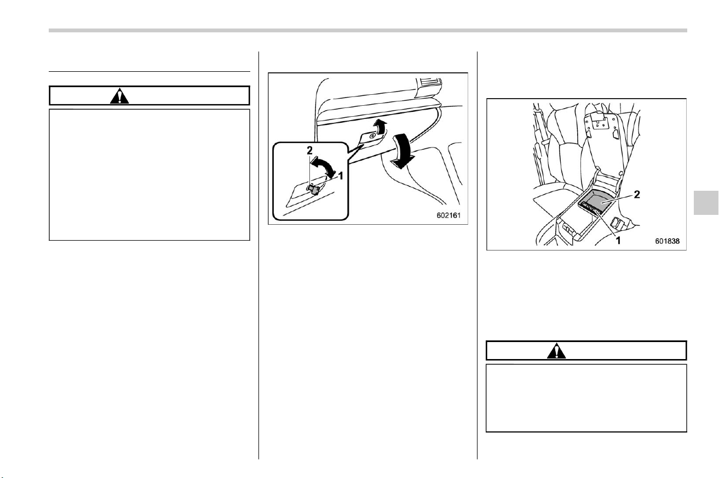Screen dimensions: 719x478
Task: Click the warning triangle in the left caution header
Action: pyautogui.click(x=119, y=96)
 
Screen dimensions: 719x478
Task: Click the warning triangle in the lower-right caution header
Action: pyautogui.click(x=556, y=351)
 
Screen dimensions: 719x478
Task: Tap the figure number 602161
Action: pyautogui.click(x=448, y=215)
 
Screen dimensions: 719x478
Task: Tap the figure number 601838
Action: pyautogui.click(x=667, y=241)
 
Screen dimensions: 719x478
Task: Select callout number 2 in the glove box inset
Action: pyautogui.click(x=309, y=150)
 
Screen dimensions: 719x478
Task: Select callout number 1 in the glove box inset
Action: pyautogui.click(x=341, y=176)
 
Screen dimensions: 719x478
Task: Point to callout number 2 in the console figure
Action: pyautogui.click(x=637, y=195)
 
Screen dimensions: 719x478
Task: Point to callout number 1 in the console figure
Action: pyautogui.click(x=618, y=240)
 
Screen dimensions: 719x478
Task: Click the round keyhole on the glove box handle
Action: pyautogui.click(x=373, y=136)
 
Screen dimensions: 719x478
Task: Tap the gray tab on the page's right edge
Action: pyautogui.click(x=706, y=203)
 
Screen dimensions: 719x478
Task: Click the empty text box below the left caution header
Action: pyautogui.click(x=149, y=175)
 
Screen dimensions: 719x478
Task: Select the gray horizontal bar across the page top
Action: pyautogui.click(x=368, y=31)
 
